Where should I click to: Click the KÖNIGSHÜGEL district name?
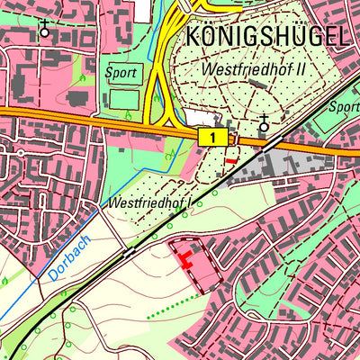coord(265,37)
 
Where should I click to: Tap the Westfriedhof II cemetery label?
coord(256,67)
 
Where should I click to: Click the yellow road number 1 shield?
coord(211,137)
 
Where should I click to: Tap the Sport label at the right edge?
coord(345,106)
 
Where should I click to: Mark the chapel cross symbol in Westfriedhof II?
coord(264,124)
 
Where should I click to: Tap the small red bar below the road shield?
coord(232,160)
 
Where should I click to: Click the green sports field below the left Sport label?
coord(124,97)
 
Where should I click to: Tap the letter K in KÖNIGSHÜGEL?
coord(193,37)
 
